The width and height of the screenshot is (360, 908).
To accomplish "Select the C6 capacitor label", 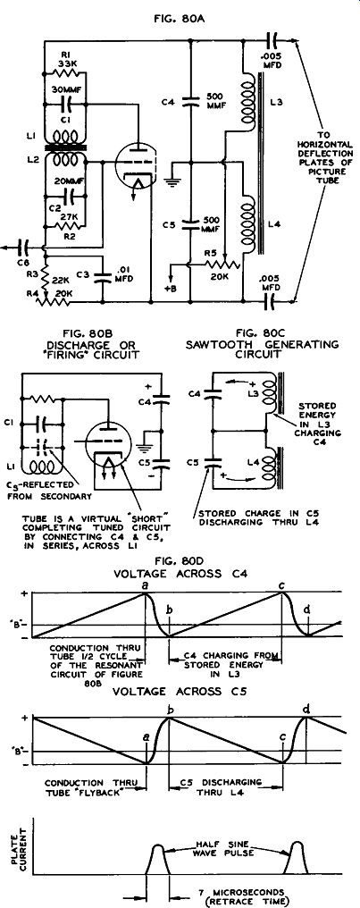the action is [24, 263].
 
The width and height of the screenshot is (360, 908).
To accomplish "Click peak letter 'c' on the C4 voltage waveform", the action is [280, 584].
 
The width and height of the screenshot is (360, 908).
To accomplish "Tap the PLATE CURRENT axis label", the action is [16, 840].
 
